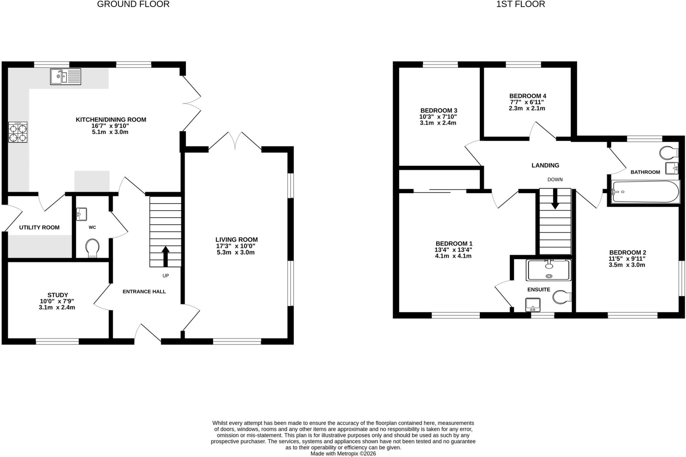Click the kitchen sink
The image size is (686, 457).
66,76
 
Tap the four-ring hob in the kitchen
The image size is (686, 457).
18,132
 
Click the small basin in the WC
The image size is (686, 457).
81,214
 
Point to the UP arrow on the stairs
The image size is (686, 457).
165,257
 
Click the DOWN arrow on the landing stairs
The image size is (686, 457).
555,199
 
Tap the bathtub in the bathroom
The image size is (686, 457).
645,192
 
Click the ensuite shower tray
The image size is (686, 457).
548,270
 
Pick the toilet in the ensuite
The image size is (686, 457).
562,297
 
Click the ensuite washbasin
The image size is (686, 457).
532,304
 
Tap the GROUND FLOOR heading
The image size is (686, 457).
133,4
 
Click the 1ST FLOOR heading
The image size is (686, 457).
521,4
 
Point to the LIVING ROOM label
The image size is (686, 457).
236,240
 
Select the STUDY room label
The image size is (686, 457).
58,295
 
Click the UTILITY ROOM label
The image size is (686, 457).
39,227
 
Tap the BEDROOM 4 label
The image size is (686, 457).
528,96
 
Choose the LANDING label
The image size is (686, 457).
545,165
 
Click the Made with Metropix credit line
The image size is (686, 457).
343,454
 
